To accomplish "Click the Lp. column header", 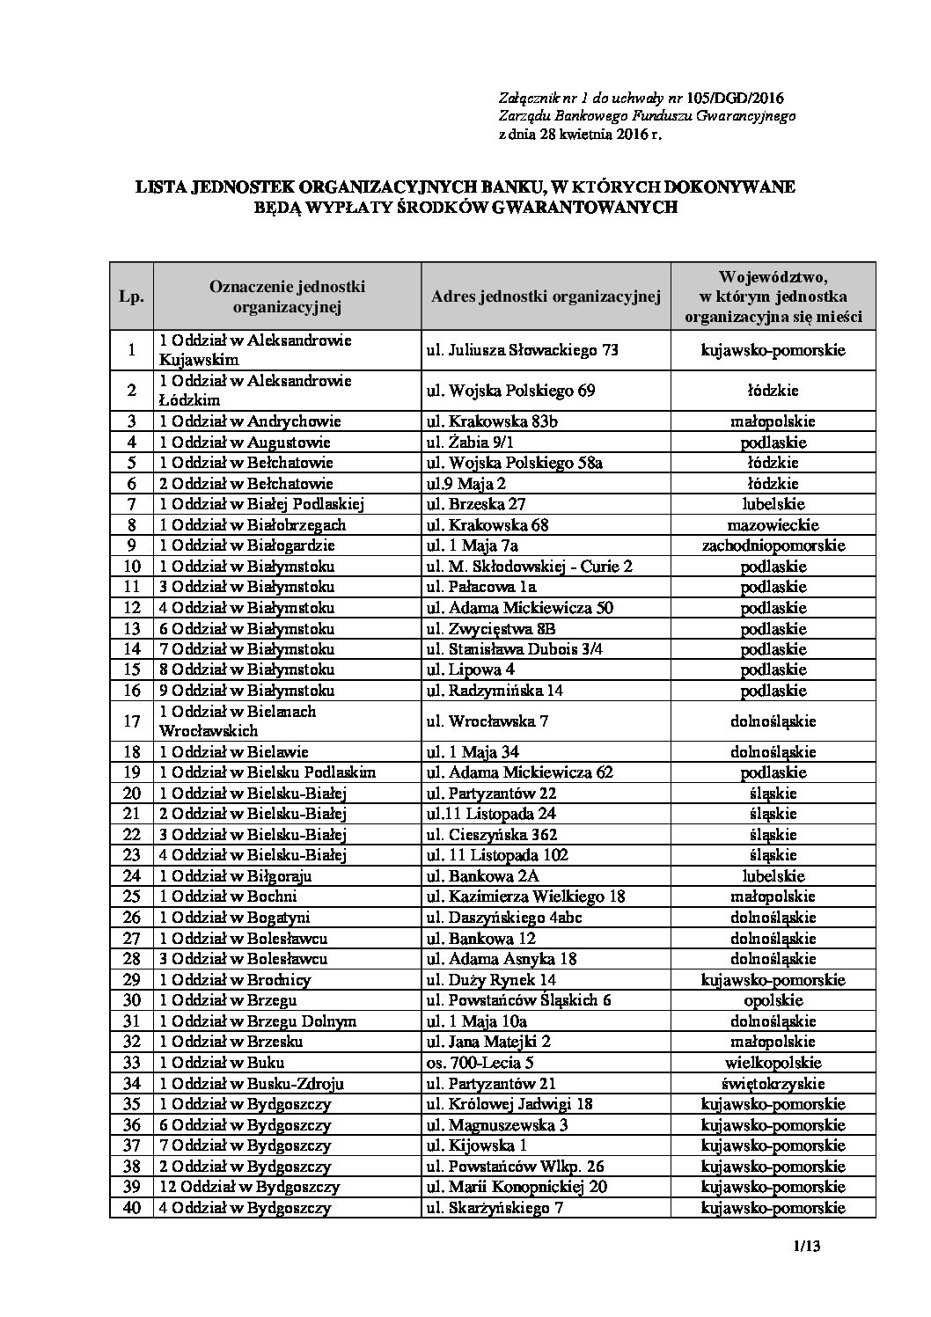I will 131,296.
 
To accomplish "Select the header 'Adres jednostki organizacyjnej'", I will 546,296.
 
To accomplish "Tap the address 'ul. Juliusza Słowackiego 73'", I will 522,349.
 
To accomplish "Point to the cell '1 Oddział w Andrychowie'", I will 250,421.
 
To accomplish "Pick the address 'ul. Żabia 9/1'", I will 479,443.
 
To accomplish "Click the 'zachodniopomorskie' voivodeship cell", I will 773,545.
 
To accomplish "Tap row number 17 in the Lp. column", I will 132,721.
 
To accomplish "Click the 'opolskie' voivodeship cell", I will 773,1000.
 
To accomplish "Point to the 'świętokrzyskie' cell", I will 773,1084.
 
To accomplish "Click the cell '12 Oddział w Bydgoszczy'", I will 249,1187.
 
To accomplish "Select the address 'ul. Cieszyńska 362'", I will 492,835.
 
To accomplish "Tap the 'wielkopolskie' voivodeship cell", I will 773,1063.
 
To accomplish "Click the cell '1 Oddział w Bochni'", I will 228,896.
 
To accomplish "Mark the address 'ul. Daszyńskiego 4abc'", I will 503,918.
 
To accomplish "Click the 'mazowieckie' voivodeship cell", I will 773,525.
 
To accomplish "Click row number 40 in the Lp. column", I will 132,1208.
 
